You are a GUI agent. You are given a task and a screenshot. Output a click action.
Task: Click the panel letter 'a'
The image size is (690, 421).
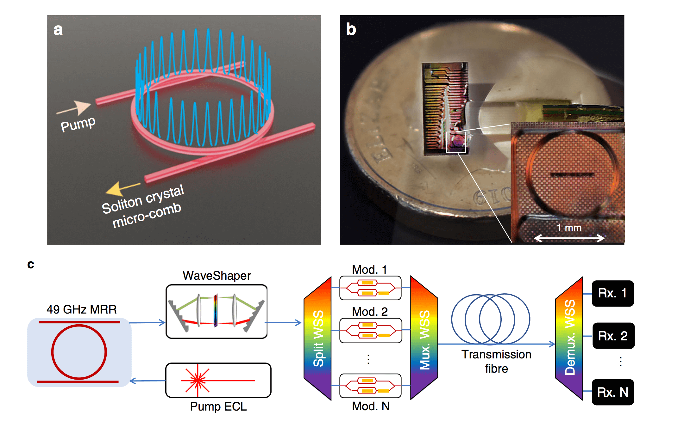pos(58,30)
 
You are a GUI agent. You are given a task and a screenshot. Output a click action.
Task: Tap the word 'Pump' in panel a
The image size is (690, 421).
pos(78,124)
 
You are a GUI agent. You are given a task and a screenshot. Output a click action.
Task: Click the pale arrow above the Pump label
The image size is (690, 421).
pos(76,108)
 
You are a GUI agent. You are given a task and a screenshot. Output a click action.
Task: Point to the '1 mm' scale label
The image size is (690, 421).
pos(569,228)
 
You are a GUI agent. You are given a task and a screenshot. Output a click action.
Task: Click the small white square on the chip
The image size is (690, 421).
pos(456,143)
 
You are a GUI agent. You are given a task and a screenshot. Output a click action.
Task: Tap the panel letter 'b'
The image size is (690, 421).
pos(351,29)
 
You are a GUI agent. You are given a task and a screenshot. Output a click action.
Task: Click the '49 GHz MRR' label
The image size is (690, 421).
pos(82,309)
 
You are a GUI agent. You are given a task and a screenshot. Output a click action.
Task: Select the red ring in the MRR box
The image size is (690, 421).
pos(79,352)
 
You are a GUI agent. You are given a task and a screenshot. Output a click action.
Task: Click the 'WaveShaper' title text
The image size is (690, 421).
pos(216,276)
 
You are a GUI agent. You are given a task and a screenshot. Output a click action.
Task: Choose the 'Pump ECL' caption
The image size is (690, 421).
pos(218,406)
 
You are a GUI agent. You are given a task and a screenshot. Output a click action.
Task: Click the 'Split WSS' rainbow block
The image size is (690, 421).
pos(318,338)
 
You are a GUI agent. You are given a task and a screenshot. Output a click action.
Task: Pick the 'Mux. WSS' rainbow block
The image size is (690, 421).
pos(424,338)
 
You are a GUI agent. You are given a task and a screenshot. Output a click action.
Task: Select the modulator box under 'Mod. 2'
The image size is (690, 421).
pos(371,330)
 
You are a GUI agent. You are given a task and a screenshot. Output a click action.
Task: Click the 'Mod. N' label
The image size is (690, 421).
pos(371,406)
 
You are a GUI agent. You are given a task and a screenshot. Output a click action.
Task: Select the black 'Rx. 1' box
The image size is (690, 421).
pos(613,293)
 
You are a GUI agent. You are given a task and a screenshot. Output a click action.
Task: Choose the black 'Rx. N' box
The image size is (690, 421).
pos(613,392)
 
